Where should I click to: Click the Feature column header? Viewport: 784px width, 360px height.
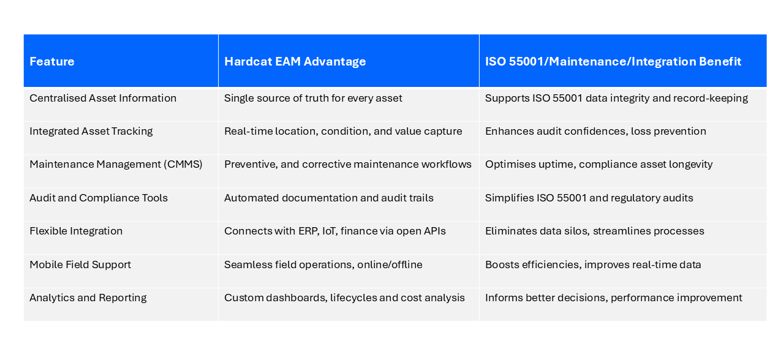point(52,62)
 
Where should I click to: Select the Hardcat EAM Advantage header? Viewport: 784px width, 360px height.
point(295,62)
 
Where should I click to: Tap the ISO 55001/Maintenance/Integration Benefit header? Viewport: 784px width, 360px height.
point(613,62)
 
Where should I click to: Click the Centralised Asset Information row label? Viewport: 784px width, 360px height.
point(103,98)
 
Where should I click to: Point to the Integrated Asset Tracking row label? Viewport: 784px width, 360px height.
point(91,131)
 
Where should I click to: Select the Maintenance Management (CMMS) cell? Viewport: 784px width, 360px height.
point(116,164)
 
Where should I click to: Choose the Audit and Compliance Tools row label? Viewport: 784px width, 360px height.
point(99,198)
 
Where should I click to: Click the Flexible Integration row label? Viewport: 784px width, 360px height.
point(76,231)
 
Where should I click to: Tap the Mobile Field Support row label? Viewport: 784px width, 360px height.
point(80,264)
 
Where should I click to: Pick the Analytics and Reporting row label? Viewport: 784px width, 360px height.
point(88,298)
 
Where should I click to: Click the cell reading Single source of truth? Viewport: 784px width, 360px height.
point(313,98)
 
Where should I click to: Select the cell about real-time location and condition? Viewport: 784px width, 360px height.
point(343,131)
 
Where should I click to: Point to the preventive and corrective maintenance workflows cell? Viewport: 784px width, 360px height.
point(347,164)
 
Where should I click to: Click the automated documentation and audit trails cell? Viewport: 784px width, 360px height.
point(328,198)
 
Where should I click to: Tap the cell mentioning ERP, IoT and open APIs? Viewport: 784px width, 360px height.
point(334,231)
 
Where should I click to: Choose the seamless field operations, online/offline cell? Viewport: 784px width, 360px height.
point(323,264)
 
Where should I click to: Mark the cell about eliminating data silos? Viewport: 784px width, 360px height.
point(594,231)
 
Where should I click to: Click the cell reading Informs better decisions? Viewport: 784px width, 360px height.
point(613,298)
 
